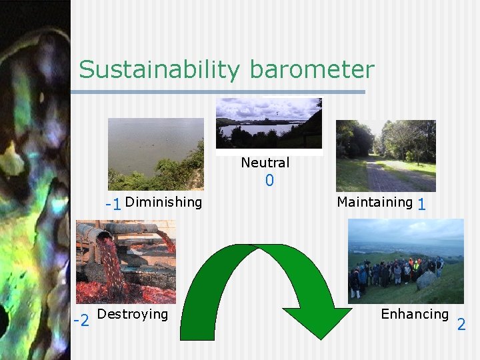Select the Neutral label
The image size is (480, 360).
tap(265, 163)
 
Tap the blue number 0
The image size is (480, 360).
tap(269, 181)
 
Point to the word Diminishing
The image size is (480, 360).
tap(163, 202)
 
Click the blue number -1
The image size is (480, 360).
tap(113, 204)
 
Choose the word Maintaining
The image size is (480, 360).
tap(375, 202)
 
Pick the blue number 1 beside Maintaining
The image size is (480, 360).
tap(421, 205)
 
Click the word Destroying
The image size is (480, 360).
tap(133, 314)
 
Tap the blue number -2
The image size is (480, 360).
tap(81, 322)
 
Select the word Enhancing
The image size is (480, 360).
tap(415, 314)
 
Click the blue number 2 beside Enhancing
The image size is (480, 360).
tap(461, 325)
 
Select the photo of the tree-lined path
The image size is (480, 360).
tap(385, 156)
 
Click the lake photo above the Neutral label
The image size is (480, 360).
tap(269, 123)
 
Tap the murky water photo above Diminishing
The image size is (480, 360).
tap(156, 154)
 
